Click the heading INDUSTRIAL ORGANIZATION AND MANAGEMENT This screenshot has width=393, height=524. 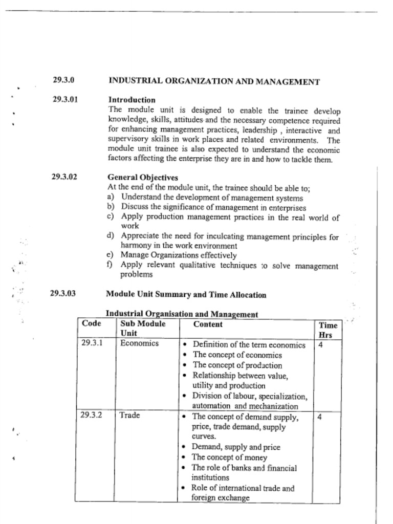coord(214,81)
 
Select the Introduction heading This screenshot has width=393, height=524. coord(132,100)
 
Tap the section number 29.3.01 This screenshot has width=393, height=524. coord(65,99)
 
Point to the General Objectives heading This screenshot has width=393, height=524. coord(143,178)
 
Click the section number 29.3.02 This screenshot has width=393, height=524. coord(64,177)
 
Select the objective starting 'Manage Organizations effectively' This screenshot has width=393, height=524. coord(179,255)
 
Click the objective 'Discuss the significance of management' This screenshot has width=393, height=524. coord(213,207)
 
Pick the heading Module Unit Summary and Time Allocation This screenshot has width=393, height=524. coord(186,294)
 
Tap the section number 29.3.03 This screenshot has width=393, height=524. coord(63,294)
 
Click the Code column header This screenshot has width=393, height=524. coord(91,323)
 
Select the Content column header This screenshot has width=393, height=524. coord(208,324)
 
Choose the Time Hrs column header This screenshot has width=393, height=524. coord(327,330)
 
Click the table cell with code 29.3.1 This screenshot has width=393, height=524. coord(92,343)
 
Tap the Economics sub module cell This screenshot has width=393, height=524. coord(139,343)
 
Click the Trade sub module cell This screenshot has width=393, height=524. coord(130,415)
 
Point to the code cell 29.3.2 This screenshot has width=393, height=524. coord(91,415)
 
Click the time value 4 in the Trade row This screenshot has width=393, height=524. coord(319,417)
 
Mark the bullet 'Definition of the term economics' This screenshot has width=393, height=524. coord(249,345)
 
